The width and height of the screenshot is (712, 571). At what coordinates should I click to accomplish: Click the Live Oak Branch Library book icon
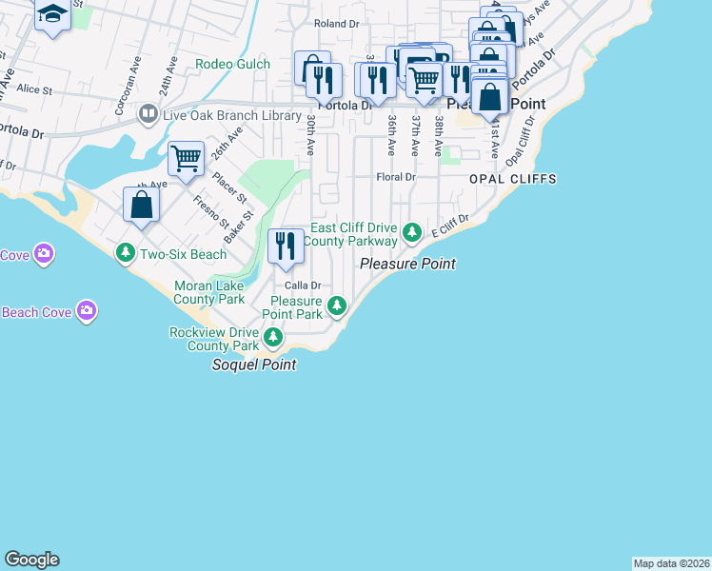148,115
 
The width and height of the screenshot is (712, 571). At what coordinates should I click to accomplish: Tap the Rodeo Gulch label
232,65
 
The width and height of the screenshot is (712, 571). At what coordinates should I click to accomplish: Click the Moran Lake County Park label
208,292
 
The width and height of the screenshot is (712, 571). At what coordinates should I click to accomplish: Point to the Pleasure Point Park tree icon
336,305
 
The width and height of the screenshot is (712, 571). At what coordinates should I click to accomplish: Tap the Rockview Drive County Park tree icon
273,337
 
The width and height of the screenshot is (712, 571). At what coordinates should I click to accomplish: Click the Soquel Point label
253,364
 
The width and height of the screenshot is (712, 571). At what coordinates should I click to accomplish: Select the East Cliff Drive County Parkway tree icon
411,230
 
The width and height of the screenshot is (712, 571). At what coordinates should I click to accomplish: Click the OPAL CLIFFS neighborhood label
512,179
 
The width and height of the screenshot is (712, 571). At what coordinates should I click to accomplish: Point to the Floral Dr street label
396,177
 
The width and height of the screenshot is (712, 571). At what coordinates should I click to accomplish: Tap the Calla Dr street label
301,285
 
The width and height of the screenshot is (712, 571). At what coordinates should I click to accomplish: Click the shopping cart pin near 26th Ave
186,158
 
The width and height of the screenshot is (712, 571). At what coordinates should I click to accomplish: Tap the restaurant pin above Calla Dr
285,246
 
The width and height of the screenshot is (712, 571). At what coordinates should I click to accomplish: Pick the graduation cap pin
52,13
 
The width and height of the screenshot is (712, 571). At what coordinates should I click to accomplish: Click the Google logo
31,560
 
